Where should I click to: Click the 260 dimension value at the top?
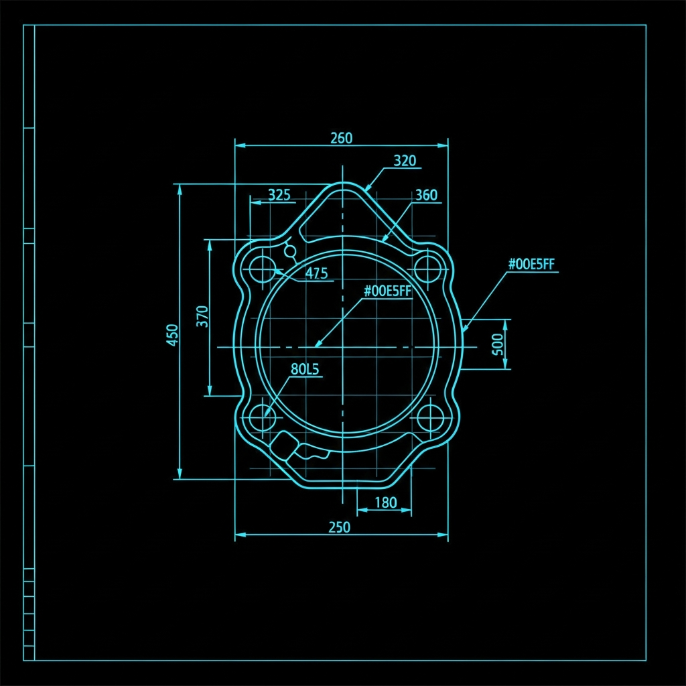[x=341, y=138]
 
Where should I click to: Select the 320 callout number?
[x=405, y=161]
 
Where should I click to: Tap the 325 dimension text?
[x=279, y=195]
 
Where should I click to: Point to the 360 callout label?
[x=425, y=195]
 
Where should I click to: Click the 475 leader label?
[x=316, y=273]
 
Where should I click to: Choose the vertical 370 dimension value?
[x=202, y=316]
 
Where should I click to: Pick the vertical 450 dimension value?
[x=173, y=335]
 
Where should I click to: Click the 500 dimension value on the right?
[x=498, y=344]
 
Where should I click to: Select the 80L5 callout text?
[x=305, y=370]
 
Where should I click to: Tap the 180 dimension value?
[x=386, y=502]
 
